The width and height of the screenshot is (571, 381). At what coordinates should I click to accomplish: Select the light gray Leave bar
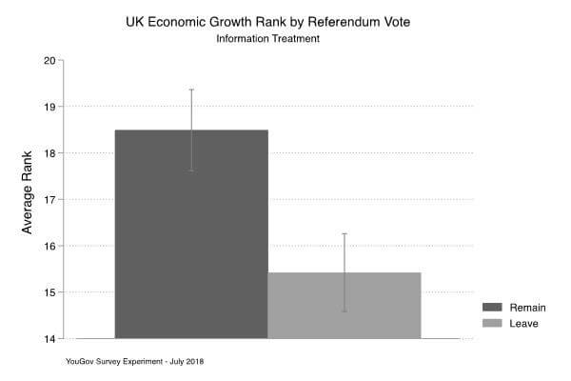point(344,305)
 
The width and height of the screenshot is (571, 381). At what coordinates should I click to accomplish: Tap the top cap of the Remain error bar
point(191,90)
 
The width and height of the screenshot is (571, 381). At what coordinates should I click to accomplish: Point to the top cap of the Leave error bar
point(345,233)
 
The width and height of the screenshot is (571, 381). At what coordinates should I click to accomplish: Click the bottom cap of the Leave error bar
point(345,311)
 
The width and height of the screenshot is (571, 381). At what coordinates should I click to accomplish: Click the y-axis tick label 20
point(50,60)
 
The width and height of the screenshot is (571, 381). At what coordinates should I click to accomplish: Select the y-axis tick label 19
point(50,107)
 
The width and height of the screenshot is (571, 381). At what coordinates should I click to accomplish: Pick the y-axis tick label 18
point(50,152)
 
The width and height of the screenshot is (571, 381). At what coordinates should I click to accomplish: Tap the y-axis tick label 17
point(50,199)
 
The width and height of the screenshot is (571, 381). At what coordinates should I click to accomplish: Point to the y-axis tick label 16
point(50,246)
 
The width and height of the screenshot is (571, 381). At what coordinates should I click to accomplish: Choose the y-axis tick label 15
point(50,292)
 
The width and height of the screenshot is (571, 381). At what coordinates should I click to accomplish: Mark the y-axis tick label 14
point(50,338)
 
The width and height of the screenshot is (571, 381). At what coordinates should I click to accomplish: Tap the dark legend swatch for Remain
point(492,308)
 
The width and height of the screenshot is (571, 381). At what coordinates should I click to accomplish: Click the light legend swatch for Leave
point(492,325)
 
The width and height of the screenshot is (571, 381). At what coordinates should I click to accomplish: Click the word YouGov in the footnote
point(82,362)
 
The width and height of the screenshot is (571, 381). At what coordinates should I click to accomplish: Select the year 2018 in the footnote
point(194,362)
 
